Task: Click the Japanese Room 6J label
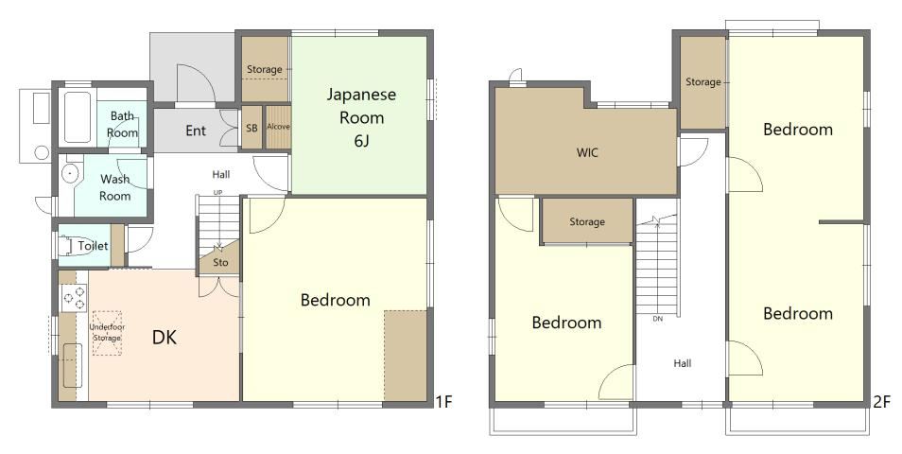pyautogui.click(x=361, y=117)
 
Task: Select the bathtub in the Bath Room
pyautogui.click(x=78, y=117)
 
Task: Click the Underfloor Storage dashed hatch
pyautogui.click(x=107, y=333)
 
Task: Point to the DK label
pyautogui.click(x=164, y=338)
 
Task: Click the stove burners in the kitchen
pyautogui.click(x=74, y=298)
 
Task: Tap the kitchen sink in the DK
pyautogui.click(x=72, y=365)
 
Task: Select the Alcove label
pyautogui.click(x=278, y=127)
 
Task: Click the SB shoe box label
pyautogui.click(x=252, y=129)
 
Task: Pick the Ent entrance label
pyautogui.click(x=196, y=131)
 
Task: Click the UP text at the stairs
pyautogui.click(x=218, y=192)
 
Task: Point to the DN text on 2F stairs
pyautogui.click(x=657, y=318)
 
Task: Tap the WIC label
pyautogui.click(x=587, y=152)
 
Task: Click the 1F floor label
pyautogui.click(x=443, y=401)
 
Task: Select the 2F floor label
pyautogui.click(x=881, y=401)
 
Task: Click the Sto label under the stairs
pyautogui.click(x=220, y=262)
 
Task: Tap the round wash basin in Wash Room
pyautogui.click(x=70, y=173)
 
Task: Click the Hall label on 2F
pyautogui.click(x=683, y=363)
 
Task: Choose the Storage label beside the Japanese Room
pyautogui.click(x=264, y=70)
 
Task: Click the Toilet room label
pyautogui.click(x=93, y=246)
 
